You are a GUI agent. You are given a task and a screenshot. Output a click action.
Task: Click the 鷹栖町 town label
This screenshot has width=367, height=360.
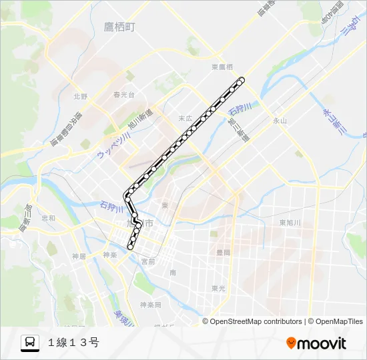pyautogui.click(x=119, y=27)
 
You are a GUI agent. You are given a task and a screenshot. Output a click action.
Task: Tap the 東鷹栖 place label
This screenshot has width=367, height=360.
pyautogui.click(x=222, y=67)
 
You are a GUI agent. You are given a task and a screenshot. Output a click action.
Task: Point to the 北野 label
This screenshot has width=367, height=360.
pyautogui.click(x=81, y=96)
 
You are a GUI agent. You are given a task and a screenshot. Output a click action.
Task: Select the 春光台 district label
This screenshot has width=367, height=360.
pyautogui.click(x=123, y=95)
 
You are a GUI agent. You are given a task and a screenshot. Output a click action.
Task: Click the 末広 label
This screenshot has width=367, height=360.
pyautogui.click(x=185, y=118)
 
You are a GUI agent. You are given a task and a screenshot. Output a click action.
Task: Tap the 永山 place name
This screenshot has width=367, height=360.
pyautogui.click(x=279, y=121)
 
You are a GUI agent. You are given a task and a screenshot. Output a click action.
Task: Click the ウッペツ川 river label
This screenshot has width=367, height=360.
pyautogui.click(x=112, y=144)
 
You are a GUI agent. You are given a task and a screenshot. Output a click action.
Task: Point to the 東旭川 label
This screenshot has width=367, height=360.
pyautogui.click(x=291, y=223)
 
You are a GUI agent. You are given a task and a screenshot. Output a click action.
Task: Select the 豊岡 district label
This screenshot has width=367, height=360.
pyautogui.click(x=223, y=253)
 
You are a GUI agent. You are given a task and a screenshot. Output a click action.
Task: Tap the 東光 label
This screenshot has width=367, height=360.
pyautogui.click(x=218, y=288)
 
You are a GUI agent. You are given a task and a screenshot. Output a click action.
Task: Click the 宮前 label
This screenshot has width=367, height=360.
pyautogui.click(x=147, y=262)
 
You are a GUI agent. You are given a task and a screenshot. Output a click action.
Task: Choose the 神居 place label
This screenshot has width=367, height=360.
pyautogui.click(x=79, y=256)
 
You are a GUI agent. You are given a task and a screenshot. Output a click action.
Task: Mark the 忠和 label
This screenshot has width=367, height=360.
pyautogui.click(x=48, y=218)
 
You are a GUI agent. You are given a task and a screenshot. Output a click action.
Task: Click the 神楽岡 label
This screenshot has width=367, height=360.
pyautogui.click(x=150, y=305)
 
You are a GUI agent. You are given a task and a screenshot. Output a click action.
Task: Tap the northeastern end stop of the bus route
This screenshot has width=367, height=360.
pyautogui.click(x=242, y=80)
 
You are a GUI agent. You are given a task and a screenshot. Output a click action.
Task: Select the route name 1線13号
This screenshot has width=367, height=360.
pyautogui.click(x=73, y=343)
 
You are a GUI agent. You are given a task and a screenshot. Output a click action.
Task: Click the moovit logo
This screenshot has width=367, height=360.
pyautogui.click(x=316, y=343)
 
